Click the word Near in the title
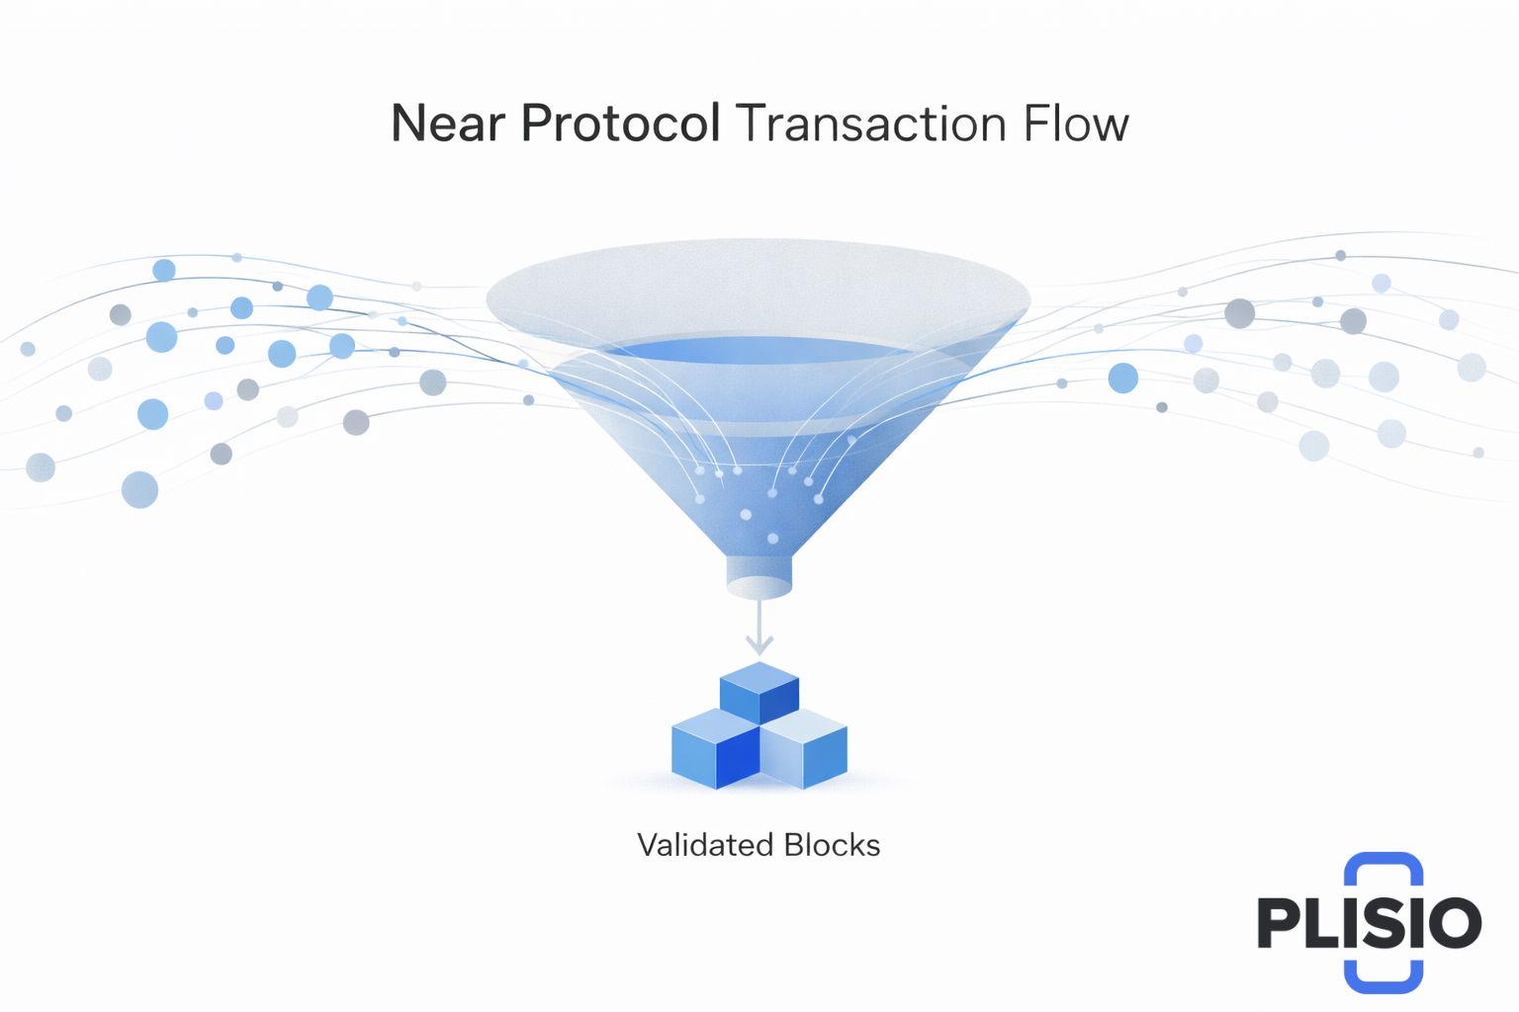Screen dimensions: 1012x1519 (448, 124)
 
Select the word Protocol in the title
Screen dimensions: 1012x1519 (620, 124)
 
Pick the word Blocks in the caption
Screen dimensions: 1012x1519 (832, 845)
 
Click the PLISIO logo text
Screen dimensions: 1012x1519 (1369, 923)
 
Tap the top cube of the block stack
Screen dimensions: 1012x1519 (759, 692)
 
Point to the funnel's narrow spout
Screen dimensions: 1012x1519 (759, 577)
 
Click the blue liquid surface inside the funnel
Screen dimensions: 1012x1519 (759, 352)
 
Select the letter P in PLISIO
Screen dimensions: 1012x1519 (1279, 923)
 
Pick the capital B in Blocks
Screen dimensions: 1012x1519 (794, 845)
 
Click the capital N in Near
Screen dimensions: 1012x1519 (408, 124)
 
